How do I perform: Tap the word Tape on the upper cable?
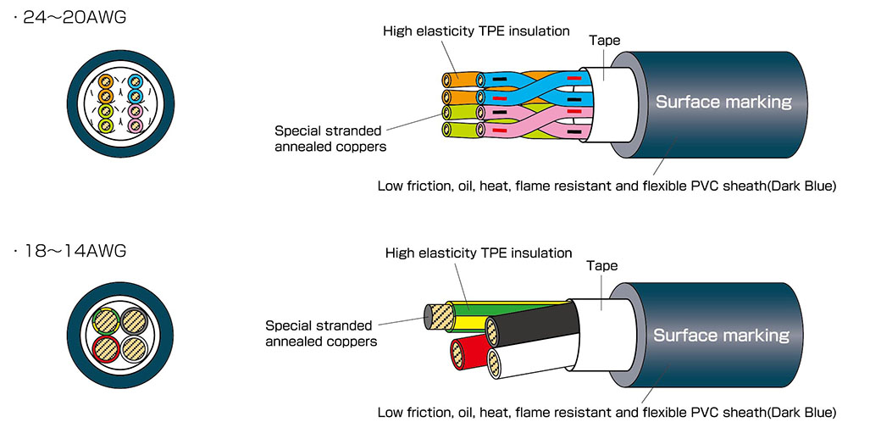click(605, 41)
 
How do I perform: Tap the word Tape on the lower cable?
click(601, 266)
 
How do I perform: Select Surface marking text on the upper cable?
click(723, 102)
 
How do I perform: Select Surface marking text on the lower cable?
click(721, 336)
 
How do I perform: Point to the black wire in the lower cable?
click(533, 323)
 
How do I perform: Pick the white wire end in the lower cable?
click(495, 363)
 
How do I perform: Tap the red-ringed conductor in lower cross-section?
click(106, 348)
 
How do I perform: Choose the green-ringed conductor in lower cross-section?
click(106, 321)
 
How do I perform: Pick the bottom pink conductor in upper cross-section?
click(135, 125)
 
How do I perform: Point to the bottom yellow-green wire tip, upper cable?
click(446, 131)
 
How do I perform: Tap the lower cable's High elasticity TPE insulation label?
click(479, 253)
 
